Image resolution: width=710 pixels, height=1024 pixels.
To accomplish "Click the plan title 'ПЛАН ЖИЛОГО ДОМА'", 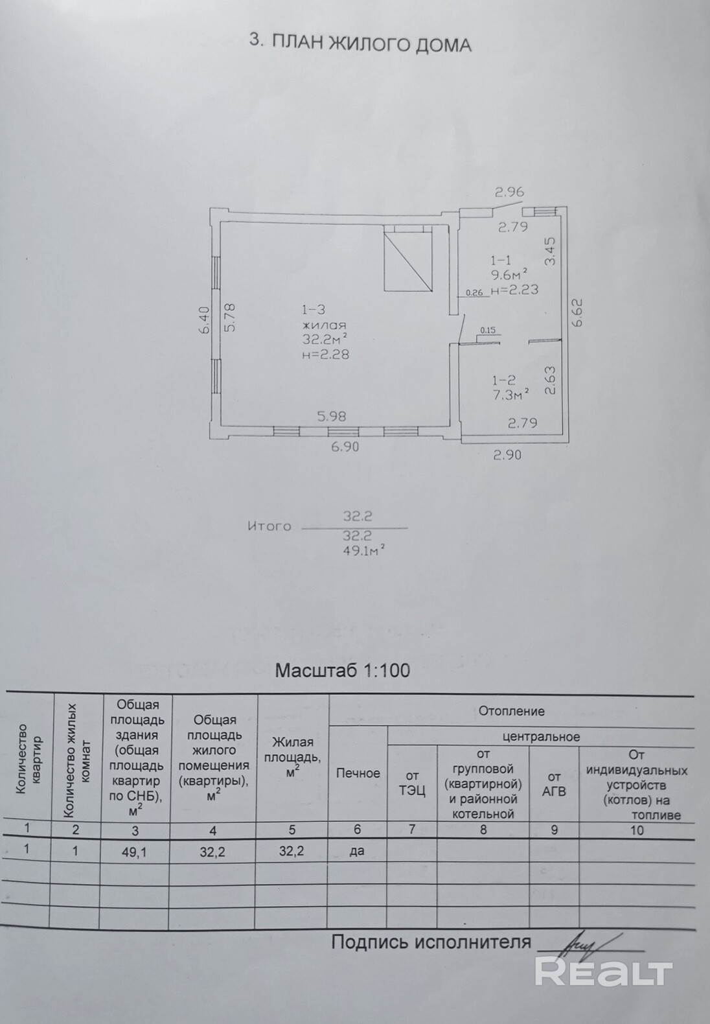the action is click(x=371, y=44).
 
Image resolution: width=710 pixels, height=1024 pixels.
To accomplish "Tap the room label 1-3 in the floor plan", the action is click(x=312, y=310).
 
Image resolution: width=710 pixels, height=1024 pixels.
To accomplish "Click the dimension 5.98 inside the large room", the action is click(x=332, y=416).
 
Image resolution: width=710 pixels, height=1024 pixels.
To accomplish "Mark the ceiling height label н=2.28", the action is click(x=325, y=354).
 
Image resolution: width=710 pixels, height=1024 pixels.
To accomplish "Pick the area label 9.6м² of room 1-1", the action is click(x=509, y=275).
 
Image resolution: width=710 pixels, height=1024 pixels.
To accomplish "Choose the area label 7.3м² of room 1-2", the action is click(x=510, y=395).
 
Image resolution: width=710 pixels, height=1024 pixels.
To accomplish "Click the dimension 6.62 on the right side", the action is click(x=578, y=312).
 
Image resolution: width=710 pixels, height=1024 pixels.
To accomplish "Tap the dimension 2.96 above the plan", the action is click(x=510, y=192).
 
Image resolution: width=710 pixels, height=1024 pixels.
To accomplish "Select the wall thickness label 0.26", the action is click(x=474, y=293).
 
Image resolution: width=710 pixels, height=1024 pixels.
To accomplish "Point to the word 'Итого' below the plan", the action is click(x=269, y=526).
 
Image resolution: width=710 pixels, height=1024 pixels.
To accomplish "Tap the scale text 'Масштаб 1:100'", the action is click(x=343, y=670).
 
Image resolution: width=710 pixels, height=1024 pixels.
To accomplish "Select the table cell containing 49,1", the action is click(x=135, y=851).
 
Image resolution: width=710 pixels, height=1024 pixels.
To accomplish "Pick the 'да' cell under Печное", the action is click(x=356, y=851).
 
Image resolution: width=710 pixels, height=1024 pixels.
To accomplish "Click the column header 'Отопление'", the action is click(x=511, y=711).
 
